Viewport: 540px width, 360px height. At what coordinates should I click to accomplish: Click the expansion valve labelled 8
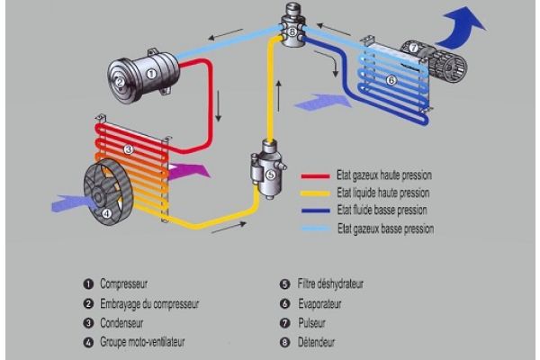coord(292,31)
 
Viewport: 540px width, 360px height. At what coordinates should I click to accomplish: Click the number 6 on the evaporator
coord(391,79)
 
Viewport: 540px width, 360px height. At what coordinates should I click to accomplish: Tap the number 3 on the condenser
coord(129,148)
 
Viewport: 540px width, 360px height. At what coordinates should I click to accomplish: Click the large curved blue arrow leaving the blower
coord(466,22)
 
